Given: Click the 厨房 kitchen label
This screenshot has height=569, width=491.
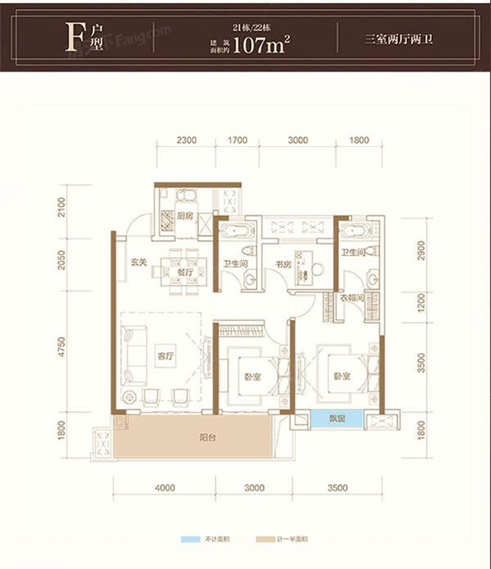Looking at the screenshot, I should click(x=185, y=215).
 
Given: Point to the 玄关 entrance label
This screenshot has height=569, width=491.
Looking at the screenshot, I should click(x=139, y=264).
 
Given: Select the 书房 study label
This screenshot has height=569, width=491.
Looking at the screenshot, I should click(x=282, y=265).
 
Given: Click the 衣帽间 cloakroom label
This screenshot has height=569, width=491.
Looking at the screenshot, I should click(x=352, y=298).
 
